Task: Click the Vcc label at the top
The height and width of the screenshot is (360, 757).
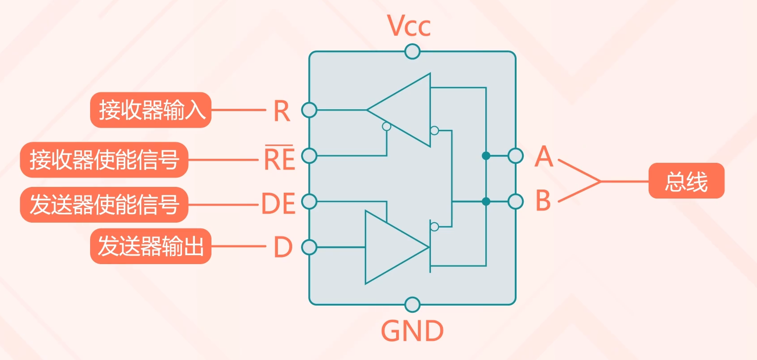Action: (x=409, y=26)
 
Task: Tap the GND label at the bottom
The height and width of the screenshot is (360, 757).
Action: (x=412, y=331)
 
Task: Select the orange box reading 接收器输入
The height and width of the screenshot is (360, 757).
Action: (x=151, y=110)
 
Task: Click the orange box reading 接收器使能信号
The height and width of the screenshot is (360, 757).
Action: (x=104, y=160)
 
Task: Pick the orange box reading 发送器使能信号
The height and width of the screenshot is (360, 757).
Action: (x=104, y=205)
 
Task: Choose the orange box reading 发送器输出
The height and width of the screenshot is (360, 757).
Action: (x=151, y=246)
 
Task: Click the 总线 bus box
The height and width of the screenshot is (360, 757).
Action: (x=686, y=181)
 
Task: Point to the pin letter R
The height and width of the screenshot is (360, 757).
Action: (x=281, y=111)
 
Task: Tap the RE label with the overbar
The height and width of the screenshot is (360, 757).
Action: (x=280, y=159)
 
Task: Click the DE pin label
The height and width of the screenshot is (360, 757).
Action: (x=278, y=204)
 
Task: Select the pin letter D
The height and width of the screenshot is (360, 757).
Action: (x=283, y=247)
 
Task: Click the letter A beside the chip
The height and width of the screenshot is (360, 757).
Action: (x=544, y=157)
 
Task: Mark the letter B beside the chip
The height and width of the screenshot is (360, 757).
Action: (x=543, y=201)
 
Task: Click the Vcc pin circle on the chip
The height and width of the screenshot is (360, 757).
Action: (x=413, y=52)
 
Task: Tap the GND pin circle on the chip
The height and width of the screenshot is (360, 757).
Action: (x=413, y=305)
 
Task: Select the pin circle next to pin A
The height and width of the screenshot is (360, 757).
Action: (x=516, y=156)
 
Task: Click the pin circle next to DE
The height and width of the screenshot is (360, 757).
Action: (x=309, y=202)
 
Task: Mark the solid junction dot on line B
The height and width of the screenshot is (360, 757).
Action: (x=486, y=202)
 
